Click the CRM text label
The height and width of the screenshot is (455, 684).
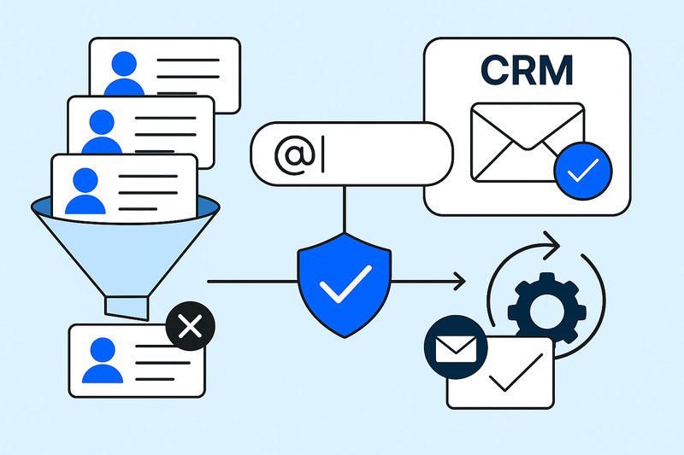coord(528,71)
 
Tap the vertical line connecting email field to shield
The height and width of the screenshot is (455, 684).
coord(345,209)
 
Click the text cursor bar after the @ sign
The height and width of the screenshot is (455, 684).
coord(323,157)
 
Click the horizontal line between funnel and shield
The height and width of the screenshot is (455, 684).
coord(248,280)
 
